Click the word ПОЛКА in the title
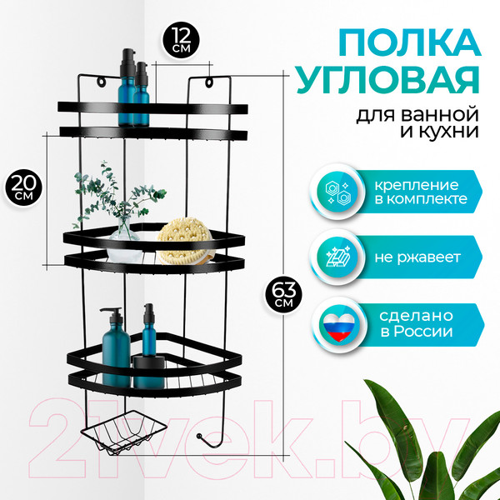[x=410, y=42]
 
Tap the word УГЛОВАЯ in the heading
[x=387, y=80]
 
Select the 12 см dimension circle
[x=181, y=40]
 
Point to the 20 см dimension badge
[x=23, y=188]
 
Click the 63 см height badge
[x=283, y=294]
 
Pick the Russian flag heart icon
[x=338, y=326]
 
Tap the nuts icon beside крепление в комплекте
[x=338, y=192]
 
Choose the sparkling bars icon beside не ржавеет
[x=338, y=257]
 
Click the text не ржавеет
[x=417, y=257]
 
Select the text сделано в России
[x=416, y=323]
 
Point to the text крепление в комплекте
[x=421, y=192]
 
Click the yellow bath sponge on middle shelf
[x=185, y=241]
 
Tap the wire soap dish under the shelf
[x=123, y=432]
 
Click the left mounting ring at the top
[x=101, y=82]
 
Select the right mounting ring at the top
[x=209, y=82]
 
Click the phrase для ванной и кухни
[x=417, y=123]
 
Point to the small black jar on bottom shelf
[x=148, y=372]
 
